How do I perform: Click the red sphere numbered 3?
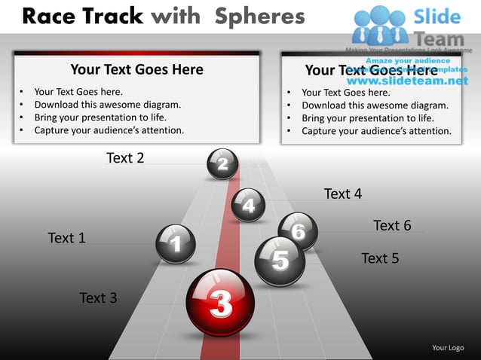coord(220,303)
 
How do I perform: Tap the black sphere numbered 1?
coord(176,243)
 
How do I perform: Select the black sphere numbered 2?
coord(222,163)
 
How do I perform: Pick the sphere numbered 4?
coord(249,204)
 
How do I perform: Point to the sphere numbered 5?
coord(280,261)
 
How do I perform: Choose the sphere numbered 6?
coord(299,230)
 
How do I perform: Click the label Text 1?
coord(66,238)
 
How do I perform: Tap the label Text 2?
coord(125,157)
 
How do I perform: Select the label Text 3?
coord(98,298)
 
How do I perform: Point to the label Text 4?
coord(343,194)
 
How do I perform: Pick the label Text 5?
coord(380,258)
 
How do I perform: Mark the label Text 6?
coord(392,225)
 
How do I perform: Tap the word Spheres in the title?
coord(259,16)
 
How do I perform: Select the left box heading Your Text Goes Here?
coord(136,69)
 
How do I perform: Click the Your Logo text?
coord(448,347)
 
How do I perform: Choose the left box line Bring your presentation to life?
coord(100,117)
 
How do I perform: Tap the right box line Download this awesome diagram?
coord(375,105)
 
